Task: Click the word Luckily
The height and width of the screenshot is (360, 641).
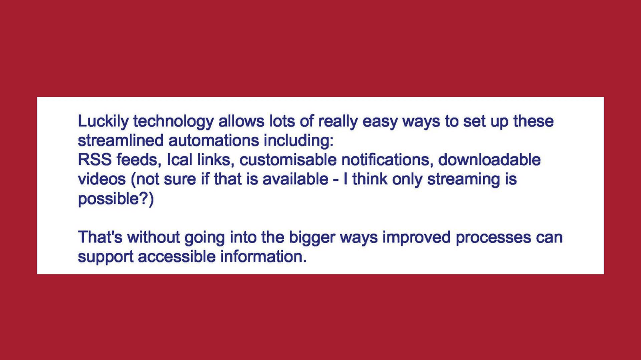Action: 104,122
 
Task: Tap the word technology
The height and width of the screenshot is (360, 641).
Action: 174,122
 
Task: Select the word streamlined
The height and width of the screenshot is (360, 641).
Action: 121,140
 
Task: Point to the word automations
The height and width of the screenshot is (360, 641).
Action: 214,140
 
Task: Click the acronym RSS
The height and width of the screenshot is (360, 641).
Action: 95,160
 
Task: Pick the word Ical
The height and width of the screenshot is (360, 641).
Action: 179,160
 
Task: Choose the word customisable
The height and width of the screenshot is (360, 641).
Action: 288,160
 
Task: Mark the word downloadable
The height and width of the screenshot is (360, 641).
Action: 489,160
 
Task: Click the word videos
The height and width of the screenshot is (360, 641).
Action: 102,179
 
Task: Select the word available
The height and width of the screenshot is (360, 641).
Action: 295,179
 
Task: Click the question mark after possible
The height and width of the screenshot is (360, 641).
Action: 143,198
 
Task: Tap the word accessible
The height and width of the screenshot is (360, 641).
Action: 177,256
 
